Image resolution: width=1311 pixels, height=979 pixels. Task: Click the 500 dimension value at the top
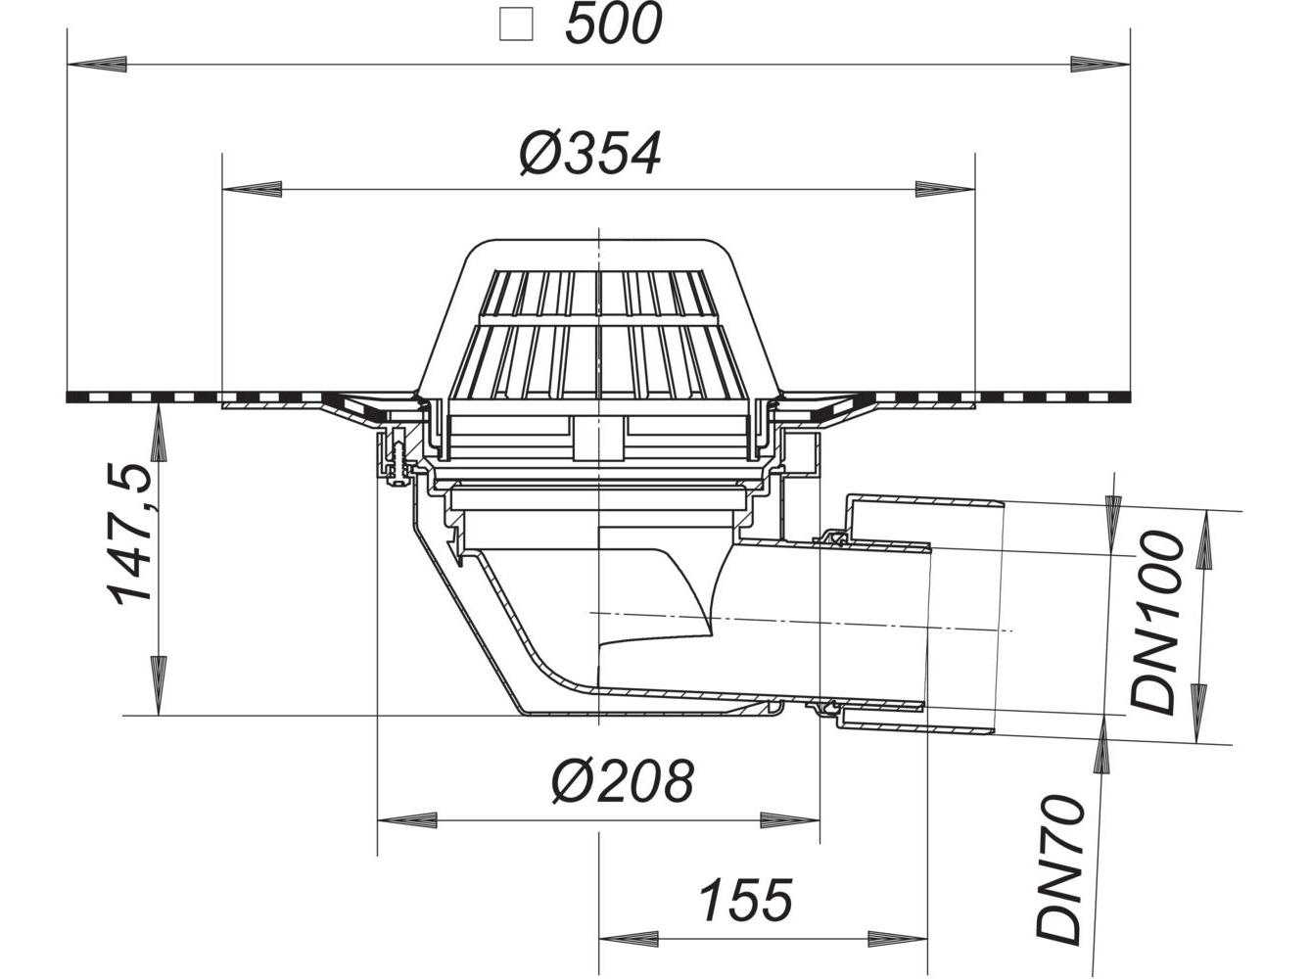pyautogui.click(x=613, y=24)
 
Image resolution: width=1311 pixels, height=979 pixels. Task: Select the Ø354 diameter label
pyautogui.click(x=590, y=154)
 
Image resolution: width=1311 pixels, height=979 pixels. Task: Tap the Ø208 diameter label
pyautogui.click(x=623, y=782)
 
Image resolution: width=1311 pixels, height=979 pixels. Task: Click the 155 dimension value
pyautogui.click(x=746, y=901)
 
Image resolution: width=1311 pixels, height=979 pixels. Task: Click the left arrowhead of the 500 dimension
pyautogui.click(x=97, y=64)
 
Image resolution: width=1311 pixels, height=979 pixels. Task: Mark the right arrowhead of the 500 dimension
pyautogui.click(x=1100, y=64)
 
